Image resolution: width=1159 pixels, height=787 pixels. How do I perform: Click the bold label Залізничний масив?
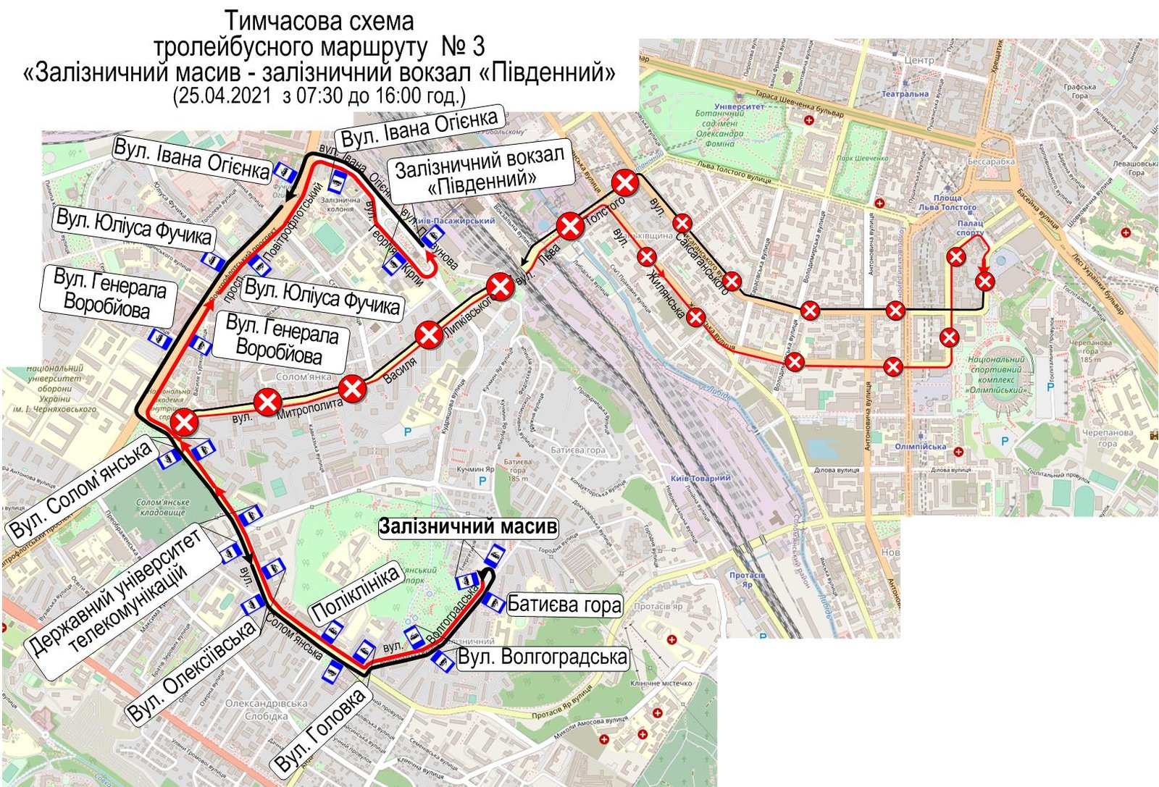click(469, 526)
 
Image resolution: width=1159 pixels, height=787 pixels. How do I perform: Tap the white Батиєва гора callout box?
click(564, 605)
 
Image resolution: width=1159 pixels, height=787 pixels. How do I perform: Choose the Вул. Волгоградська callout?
click(543, 657)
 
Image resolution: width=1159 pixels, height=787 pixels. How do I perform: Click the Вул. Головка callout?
click(319, 731)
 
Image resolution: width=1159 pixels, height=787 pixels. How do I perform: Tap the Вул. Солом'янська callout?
click(81, 489)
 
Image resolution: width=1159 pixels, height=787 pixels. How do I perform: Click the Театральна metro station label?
click(905, 94)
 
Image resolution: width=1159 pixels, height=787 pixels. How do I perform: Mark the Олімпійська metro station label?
click(920, 447)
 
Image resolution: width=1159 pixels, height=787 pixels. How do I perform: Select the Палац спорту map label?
click(970, 228)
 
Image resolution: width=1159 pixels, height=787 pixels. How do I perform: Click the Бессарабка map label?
click(991, 161)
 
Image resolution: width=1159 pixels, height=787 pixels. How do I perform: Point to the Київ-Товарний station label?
click(700, 478)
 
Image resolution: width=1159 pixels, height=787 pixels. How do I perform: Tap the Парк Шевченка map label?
click(863, 159)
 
